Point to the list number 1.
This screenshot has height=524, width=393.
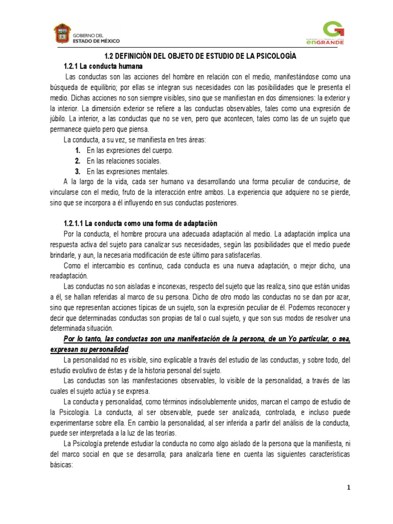point(78,150)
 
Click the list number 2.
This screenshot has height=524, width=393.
point(78,161)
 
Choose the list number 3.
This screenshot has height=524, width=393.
point(78,171)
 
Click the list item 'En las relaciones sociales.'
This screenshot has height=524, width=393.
point(124,161)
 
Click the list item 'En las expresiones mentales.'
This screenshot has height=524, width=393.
point(128,171)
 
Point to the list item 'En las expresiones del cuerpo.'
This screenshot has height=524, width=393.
point(130,150)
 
